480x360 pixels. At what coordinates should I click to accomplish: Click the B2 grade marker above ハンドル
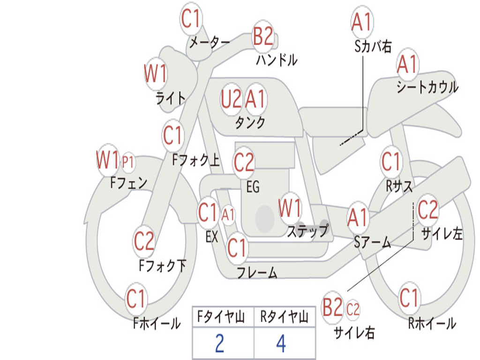263,36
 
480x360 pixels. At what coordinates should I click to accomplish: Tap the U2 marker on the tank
231,99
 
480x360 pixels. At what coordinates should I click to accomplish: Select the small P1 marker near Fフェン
128,162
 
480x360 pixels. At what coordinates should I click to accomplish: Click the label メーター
210,42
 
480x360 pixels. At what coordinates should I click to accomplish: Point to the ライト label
171,98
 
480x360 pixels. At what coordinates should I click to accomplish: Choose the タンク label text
250,122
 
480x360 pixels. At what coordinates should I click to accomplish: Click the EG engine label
253,187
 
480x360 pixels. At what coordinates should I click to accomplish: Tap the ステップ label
308,230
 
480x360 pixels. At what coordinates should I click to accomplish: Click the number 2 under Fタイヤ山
220,343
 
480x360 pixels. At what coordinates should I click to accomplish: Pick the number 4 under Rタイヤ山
281,343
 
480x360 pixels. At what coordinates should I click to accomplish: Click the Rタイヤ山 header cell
285,316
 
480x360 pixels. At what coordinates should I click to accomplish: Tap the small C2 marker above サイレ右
352,309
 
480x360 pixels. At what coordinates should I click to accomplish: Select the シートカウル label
427,87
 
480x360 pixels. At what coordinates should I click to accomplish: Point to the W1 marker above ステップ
290,208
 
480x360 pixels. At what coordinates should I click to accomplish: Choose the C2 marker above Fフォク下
144,241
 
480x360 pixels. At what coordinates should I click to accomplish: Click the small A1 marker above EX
228,215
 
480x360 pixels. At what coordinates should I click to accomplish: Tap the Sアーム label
372,242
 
